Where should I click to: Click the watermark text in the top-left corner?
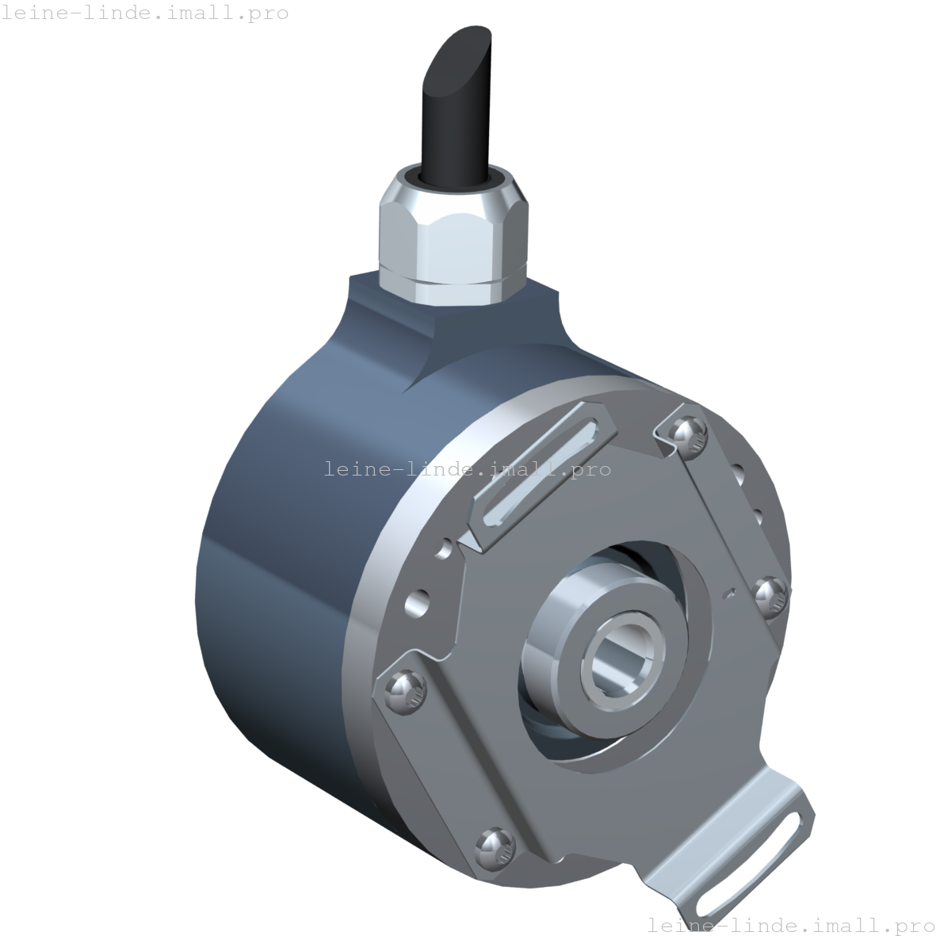(x=144, y=13)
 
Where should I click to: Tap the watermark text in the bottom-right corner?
(x=790, y=924)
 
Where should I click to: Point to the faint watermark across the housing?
(x=452, y=469)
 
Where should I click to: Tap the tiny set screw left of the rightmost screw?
(x=730, y=591)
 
